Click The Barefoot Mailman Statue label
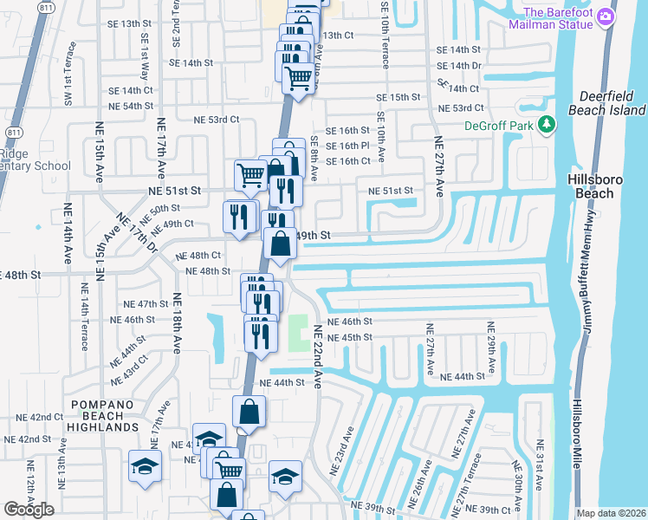(558, 17)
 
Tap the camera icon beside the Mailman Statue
(607, 16)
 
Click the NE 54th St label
(131, 106)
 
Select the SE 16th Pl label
(347, 146)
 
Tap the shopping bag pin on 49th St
(281, 244)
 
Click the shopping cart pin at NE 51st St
(250, 174)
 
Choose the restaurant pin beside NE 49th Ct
(239, 215)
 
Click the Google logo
(29, 510)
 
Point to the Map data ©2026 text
(612, 513)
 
